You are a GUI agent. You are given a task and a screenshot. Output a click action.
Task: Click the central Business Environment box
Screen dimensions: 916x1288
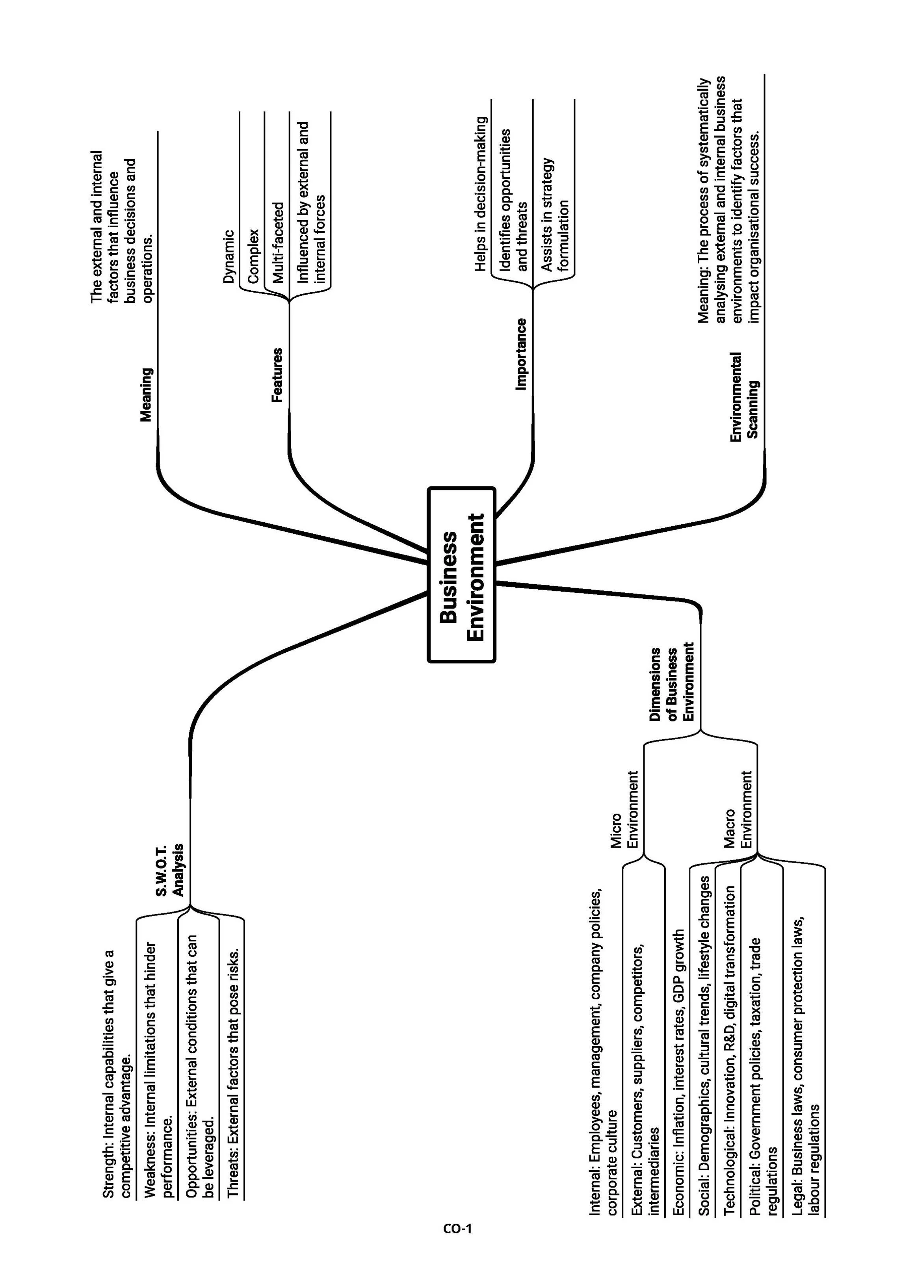(x=461, y=574)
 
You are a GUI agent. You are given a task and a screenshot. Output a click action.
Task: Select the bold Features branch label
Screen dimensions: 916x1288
(x=277, y=375)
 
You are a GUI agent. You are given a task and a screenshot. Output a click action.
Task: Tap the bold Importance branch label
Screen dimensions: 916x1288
(x=521, y=354)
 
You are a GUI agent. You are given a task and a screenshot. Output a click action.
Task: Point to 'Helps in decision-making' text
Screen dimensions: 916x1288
(x=481, y=194)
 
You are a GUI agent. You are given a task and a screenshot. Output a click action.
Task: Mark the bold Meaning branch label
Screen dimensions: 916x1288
(x=146, y=395)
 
